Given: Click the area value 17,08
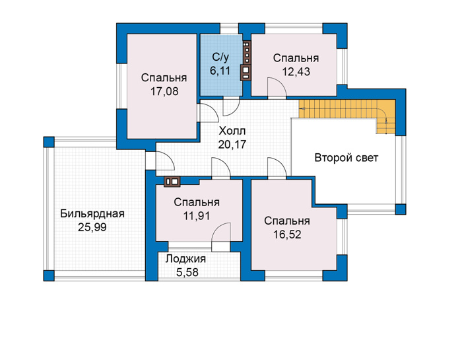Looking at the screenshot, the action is click(x=164, y=91).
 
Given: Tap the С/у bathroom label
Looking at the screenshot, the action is click(x=220, y=57).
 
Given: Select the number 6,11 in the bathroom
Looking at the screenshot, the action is click(x=220, y=71).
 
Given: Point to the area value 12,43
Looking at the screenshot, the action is click(x=296, y=71).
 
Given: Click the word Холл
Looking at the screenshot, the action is click(x=232, y=131).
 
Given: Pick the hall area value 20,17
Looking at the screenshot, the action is click(x=232, y=144).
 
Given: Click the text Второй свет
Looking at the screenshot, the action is click(x=346, y=158).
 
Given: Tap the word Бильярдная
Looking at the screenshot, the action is click(x=92, y=214).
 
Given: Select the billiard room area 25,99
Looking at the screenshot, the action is click(x=92, y=227).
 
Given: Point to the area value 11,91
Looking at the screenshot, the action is click(x=197, y=216).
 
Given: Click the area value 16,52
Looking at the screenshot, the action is click(x=287, y=234).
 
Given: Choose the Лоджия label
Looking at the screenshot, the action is click(x=185, y=259).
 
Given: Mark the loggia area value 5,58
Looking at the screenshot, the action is click(x=187, y=272).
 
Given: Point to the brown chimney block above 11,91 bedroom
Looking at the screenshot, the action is click(x=172, y=182).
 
